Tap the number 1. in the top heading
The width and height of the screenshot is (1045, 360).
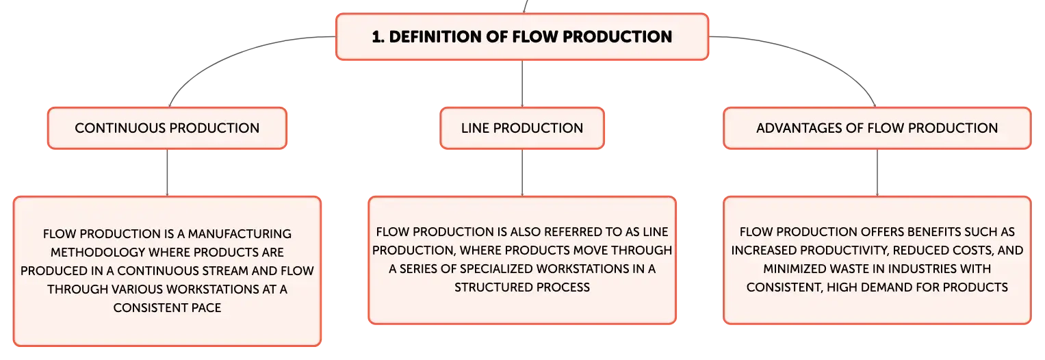(x=378, y=37)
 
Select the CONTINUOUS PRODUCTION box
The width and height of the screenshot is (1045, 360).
(x=167, y=128)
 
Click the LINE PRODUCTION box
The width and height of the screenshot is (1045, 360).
(x=522, y=128)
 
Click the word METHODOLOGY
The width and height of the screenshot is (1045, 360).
(x=98, y=253)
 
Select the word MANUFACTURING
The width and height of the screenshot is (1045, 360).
(x=240, y=233)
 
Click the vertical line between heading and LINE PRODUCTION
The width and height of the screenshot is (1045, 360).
(x=522, y=83)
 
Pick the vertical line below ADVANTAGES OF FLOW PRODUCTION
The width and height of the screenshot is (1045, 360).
(x=877, y=172)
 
